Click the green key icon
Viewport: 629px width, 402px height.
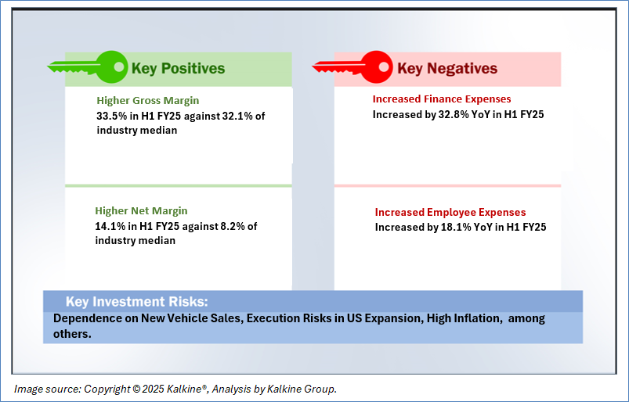coord(88,66)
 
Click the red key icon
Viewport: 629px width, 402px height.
coord(352,66)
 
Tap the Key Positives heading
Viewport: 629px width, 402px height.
coord(178,69)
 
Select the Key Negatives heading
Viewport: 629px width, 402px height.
coord(447,69)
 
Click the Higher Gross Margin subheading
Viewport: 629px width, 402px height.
coord(147,100)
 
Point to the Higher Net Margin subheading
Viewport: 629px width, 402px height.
coord(141,210)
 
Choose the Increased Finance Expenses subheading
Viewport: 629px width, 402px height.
coord(442,99)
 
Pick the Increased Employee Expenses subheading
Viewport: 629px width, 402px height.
coord(450,212)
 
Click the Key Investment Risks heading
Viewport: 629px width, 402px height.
coord(137,302)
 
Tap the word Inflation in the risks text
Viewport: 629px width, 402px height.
coord(479,318)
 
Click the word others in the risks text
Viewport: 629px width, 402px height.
coord(72,333)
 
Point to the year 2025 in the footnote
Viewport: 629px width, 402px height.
coord(154,389)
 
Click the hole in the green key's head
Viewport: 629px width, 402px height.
coord(119,66)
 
